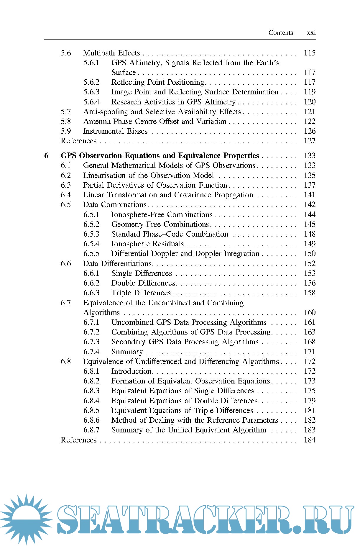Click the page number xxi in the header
311,33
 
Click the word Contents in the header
280,33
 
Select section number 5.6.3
91,92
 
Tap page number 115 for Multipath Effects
310,53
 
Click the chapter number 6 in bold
46,156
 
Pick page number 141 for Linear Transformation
310,195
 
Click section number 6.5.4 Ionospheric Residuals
91,244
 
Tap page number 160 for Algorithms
310,313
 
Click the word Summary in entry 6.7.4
127,352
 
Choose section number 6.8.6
91,420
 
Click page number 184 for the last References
310,440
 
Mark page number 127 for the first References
310,141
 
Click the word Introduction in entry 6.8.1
131,371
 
